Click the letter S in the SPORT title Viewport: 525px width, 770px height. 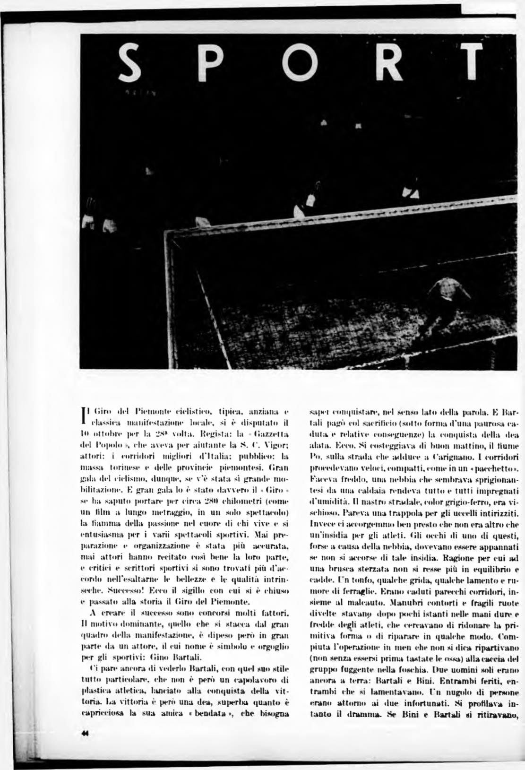129,63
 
